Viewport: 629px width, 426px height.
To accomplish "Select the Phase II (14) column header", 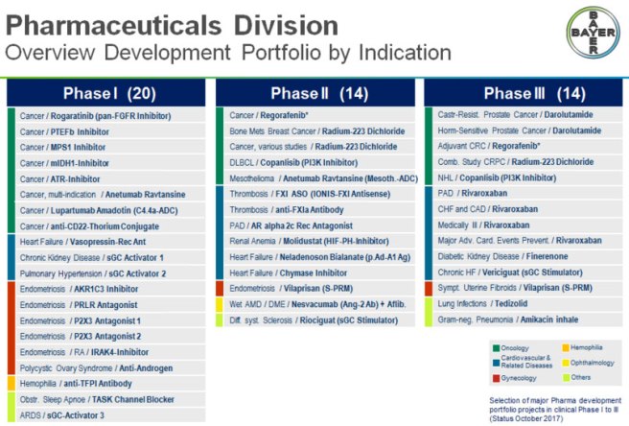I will point(316,93).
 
